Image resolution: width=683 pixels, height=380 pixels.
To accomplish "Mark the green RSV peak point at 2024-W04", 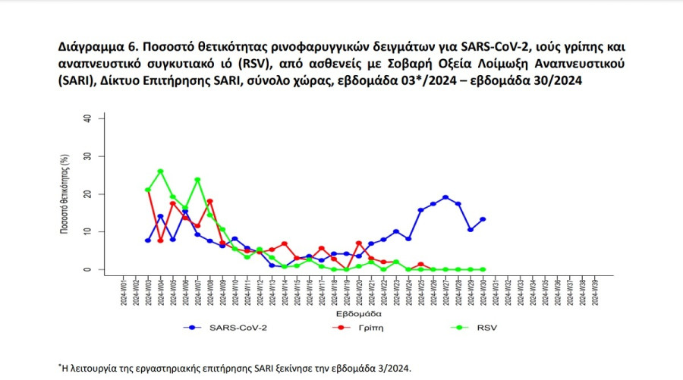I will point(160,171).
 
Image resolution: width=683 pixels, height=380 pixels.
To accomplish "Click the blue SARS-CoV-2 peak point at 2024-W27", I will point(445,197).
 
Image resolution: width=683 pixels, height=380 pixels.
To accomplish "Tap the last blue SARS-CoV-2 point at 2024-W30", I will point(483,219).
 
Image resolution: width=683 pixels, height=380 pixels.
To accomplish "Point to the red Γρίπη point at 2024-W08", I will point(210,201).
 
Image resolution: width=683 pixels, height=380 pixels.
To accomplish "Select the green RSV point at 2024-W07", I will point(197,180).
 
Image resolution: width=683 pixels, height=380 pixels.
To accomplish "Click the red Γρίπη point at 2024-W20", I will point(359,243).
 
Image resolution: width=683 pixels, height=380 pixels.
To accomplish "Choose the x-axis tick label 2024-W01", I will point(124,291).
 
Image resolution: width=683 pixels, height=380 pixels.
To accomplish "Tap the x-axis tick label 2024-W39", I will point(594,291).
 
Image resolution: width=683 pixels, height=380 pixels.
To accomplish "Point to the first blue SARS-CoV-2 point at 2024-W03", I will point(148,240).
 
